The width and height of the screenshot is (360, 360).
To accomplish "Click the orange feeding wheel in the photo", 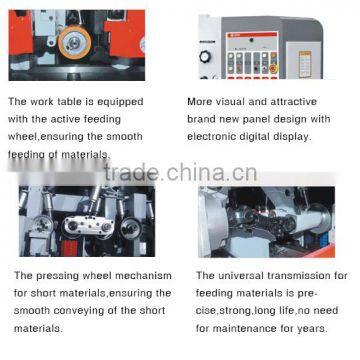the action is click(75, 42).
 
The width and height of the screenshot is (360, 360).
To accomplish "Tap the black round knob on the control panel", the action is click(205, 57).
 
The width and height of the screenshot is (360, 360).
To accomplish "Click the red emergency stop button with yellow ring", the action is click(274, 68).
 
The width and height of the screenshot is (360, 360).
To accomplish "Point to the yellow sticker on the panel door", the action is click(305, 64).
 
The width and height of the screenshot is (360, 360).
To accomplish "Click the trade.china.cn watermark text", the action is click(181, 172).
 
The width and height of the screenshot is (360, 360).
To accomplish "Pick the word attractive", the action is click(293, 101).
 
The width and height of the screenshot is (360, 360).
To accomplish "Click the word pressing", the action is click(57, 276).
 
